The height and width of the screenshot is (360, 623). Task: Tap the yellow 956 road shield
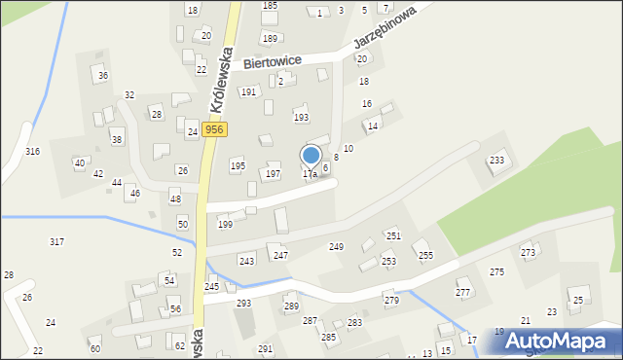(215, 129)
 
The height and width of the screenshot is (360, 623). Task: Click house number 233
(496, 161)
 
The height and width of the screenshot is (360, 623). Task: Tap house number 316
(32, 152)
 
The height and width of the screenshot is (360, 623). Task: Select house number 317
(56, 241)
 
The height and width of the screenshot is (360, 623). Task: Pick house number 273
(528, 253)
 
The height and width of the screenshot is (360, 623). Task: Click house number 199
(225, 225)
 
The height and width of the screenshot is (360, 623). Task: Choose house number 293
(243, 304)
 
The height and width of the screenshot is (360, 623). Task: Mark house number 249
(336, 247)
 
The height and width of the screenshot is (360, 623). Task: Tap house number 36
(103, 76)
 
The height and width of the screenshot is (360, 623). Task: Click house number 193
(301, 117)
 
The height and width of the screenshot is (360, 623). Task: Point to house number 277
(463, 293)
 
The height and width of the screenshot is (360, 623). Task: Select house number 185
(270, 6)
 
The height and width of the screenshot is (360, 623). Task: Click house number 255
(425, 256)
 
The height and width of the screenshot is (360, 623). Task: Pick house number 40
(80, 163)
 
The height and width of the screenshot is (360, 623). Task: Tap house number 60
(94, 348)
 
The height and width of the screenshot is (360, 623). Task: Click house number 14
(372, 126)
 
